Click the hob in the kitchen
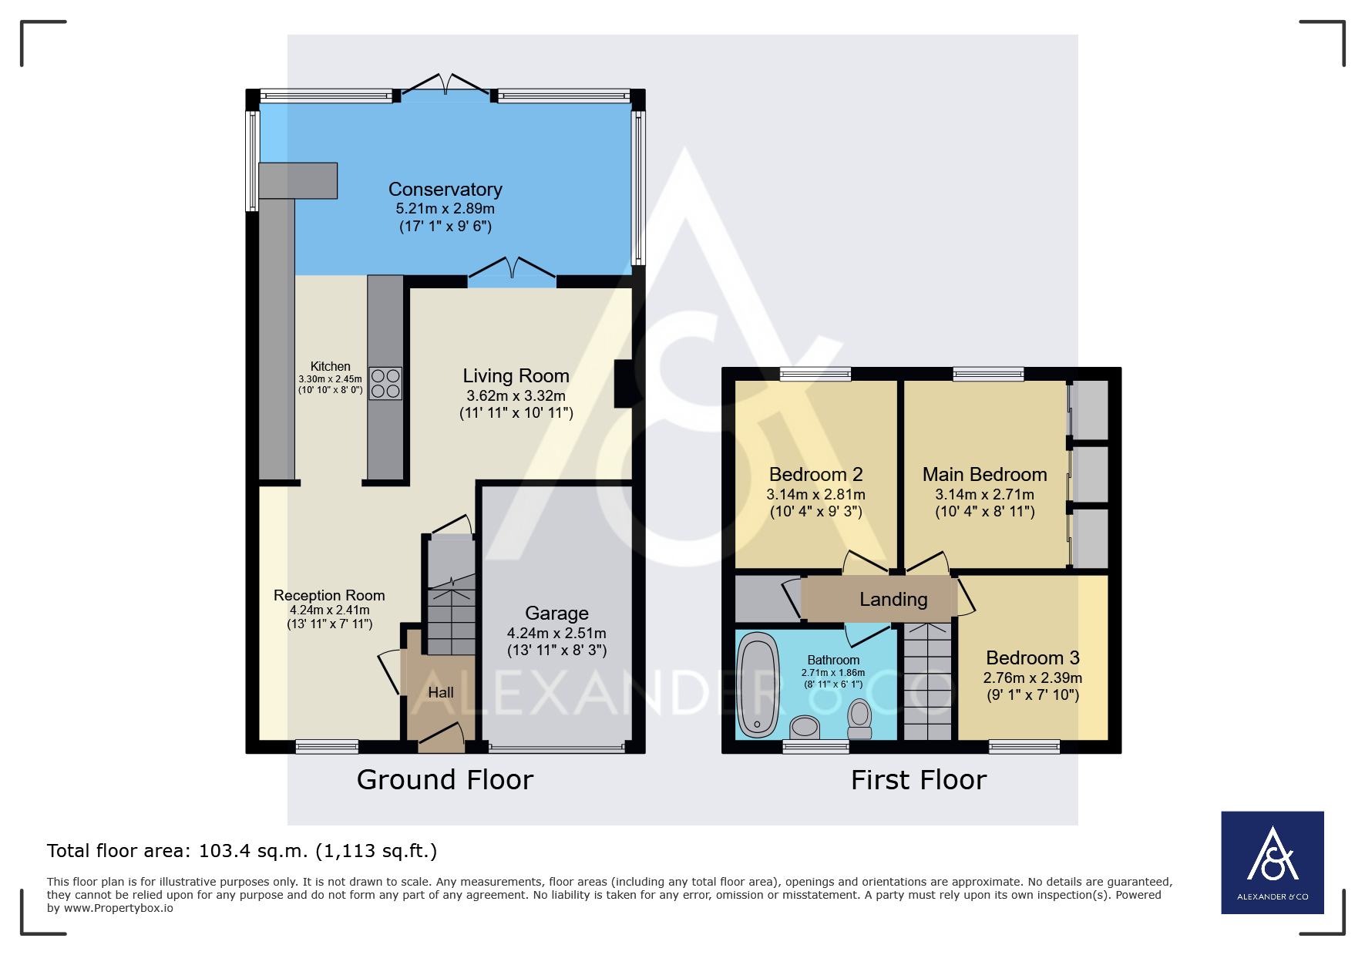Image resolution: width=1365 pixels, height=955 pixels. pyautogui.click(x=385, y=383)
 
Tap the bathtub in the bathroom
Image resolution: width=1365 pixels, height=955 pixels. pyautogui.click(x=758, y=685)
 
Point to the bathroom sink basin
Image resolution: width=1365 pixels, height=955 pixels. pyautogui.click(x=805, y=727)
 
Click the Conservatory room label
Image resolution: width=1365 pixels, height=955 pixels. pyautogui.click(x=445, y=190)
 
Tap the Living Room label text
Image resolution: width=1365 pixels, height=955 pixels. pyautogui.click(x=516, y=376)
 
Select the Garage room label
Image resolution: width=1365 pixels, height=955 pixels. pyautogui.click(x=557, y=614)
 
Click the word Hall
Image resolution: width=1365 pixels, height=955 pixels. pyautogui.click(x=441, y=693)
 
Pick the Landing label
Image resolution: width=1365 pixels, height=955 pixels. pyautogui.click(x=894, y=600)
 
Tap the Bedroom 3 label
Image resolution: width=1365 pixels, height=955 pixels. pyautogui.click(x=1033, y=658)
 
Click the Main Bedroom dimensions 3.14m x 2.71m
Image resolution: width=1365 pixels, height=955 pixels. pyautogui.click(x=985, y=495)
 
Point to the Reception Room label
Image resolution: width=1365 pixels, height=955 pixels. pyautogui.click(x=329, y=596)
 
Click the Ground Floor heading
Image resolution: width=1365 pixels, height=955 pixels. pyautogui.click(x=445, y=780)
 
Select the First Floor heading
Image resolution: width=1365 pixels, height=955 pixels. pyautogui.click(x=919, y=780)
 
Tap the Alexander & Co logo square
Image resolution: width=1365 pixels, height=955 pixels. pyautogui.click(x=1273, y=863)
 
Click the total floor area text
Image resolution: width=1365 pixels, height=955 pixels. pyautogui.click(x=242, y=851)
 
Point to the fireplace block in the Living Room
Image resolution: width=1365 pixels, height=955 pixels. pyautogui.click(x=623, y=384)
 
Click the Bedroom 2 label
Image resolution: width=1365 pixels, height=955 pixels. pyautogui.click(x=816, y=475)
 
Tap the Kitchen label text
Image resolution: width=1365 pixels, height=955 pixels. pyautogui.click(x=331, y=367)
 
